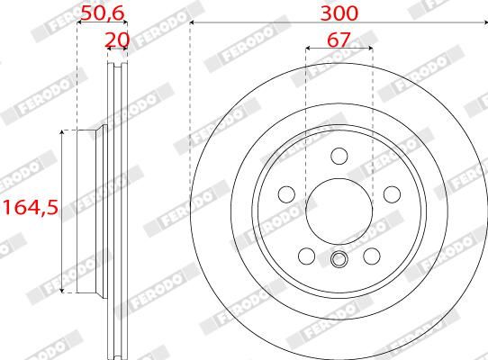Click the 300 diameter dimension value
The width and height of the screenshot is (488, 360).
[339, 13]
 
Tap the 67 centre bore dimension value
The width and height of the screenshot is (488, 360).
[339, 40]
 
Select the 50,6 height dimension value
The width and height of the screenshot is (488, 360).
[103, 13]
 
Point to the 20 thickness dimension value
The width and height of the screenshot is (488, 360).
[117, 40]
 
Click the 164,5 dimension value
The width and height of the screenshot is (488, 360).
[31, 208]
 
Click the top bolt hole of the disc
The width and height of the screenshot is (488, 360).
[339, 156]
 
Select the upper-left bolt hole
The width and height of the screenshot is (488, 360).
[286, 194]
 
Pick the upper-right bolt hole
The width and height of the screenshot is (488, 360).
[392, 194]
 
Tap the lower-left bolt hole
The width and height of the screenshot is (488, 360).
[306, 256]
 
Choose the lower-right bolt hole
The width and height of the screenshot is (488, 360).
[372, 256]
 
